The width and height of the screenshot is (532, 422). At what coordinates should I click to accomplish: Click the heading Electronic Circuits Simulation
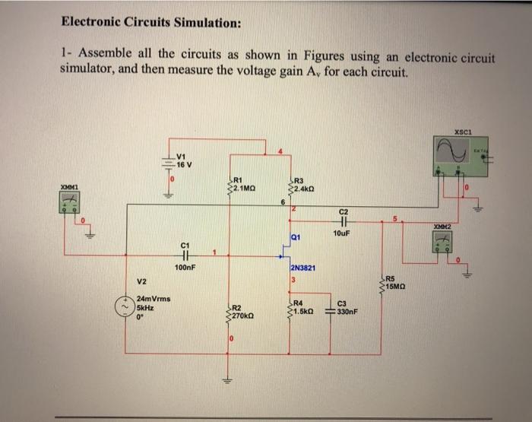[x=151, y=22]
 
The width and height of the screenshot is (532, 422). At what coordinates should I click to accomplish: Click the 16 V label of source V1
[x=184, y=164]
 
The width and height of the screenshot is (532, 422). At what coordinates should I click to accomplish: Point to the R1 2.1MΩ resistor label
[x=245, y=183]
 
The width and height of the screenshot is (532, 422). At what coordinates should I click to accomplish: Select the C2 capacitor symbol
[x=343, y=221]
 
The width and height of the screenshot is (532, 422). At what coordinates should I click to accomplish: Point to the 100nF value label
[x=185, y=268]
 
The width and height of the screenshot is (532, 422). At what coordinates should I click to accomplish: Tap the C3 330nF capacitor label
[x=347, y=307]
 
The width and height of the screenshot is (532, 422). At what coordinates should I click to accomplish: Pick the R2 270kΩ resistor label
[x=244, y=310]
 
